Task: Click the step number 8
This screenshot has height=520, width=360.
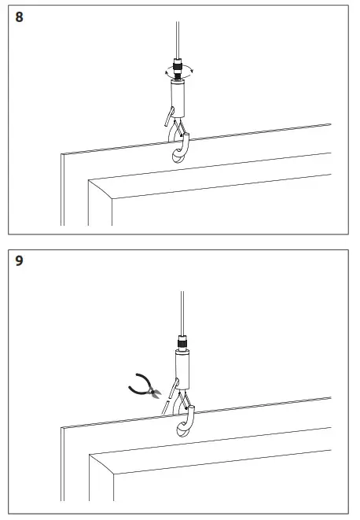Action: pos(20,17)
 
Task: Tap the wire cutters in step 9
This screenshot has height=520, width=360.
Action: pos(143,386)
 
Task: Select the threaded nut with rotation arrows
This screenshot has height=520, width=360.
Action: pos(178,70)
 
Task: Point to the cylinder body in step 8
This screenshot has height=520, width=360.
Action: pos(178,97)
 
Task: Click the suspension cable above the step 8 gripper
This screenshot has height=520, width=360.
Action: pos(178,31)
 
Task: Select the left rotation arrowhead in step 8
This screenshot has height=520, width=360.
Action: pos(167,72)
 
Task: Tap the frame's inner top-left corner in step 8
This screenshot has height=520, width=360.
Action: pos(89,182)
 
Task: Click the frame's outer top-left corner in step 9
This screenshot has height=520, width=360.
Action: pos(62,428)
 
